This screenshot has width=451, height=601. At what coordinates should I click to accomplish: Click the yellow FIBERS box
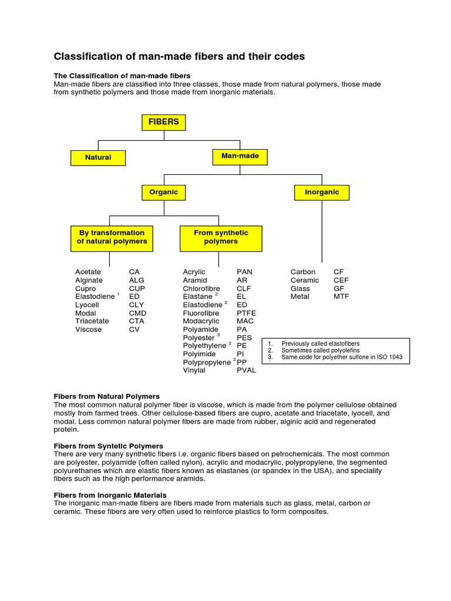pyautogui.click(x=163, y=122)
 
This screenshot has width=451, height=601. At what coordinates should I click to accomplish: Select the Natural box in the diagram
pyautogui.click(x=98, y=158)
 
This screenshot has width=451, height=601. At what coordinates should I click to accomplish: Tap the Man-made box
pyautogui.click(x=240, y=156)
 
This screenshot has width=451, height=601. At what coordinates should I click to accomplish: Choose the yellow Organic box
pyautogui.click(x=164, y=192)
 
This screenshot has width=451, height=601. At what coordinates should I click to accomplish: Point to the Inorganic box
pyautogui.click(x=322, y=192)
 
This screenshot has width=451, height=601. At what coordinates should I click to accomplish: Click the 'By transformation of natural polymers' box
pyautogui.click(x=112, y=237)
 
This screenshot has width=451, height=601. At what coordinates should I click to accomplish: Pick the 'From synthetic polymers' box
pyautogui.click(x=221, y=237)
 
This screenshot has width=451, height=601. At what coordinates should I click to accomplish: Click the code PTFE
pyautogui.click(x=246, y=313)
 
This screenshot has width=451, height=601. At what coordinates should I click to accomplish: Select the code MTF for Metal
pyautogui.click(x=341, y=297)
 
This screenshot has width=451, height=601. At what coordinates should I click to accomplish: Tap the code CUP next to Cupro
pyautogui.click(x=137, y=289)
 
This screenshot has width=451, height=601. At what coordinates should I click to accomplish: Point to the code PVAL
pyautogui.click(x=246, y=370)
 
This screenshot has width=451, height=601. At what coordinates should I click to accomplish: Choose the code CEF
pyautogui.click(x=341, y=281)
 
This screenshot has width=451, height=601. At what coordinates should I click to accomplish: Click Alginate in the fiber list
pyautogui.click(x=89, y=281)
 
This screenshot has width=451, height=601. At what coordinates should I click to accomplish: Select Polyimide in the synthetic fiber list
pyautogui.click(x=199, y=354)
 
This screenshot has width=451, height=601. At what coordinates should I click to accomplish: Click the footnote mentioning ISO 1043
pyautogui.click(x=342, y=357)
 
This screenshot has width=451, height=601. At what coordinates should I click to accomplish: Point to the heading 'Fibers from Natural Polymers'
pyautogui.click(x=106, y=397)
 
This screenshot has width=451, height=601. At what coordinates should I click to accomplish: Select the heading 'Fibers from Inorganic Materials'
pyautogui.click(x=110, y=495)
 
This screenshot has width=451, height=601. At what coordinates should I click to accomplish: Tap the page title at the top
pyautogui.click(x=179, y=57)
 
